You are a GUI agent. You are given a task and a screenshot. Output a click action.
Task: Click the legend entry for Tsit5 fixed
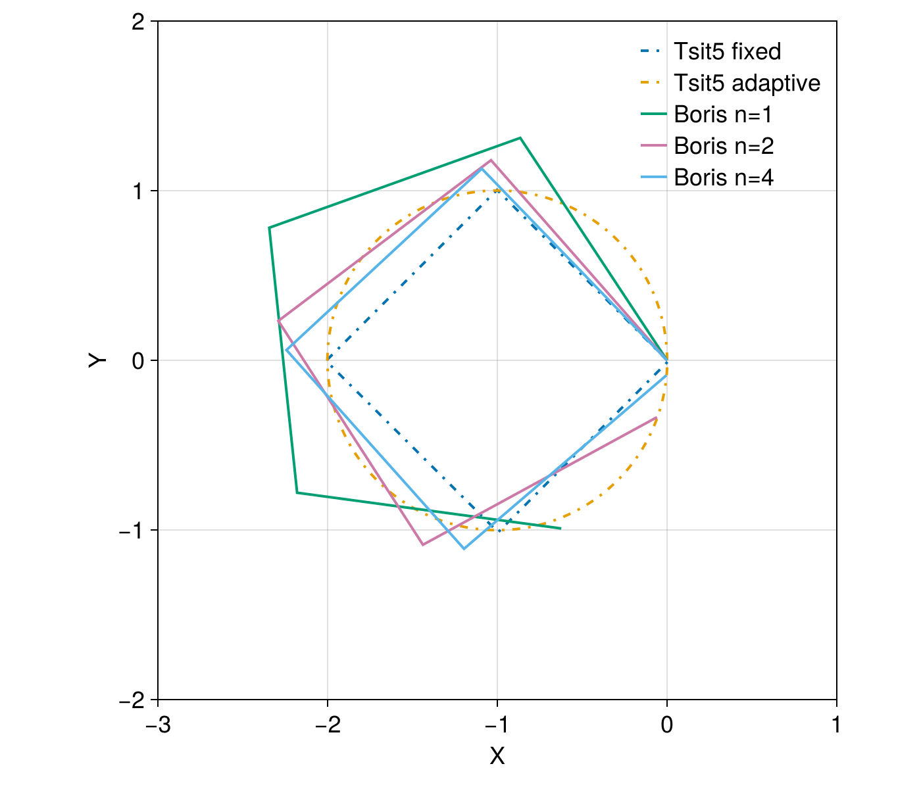coord(727,51)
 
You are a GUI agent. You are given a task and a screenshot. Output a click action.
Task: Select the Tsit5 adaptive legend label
coord(747,84)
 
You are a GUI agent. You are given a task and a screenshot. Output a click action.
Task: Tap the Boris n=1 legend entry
coord(722,115)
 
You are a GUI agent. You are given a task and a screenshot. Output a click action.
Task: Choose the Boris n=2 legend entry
coord(724,146)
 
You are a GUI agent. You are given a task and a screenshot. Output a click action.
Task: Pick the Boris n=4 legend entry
coord(724,178)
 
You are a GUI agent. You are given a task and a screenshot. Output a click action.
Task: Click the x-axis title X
coord(497,757)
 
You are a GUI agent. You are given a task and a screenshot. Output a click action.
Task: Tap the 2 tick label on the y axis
coord(137,22)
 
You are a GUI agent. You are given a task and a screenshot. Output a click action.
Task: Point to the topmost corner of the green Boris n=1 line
coord(520,137)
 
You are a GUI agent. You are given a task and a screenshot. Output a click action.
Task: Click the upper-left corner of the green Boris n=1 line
coord(269,227)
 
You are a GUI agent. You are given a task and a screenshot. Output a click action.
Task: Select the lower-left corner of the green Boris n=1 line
coord(297,492)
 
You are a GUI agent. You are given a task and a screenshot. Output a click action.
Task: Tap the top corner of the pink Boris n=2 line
coord(491,160)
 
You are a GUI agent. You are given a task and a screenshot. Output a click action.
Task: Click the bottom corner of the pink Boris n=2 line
coord(422,545)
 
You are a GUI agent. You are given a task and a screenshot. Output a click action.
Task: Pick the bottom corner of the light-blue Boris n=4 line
coord(464,548)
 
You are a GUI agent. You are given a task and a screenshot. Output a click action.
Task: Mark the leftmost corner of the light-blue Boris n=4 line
coord(287,349)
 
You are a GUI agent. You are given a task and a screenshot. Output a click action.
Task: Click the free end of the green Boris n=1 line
coord(560,528)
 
